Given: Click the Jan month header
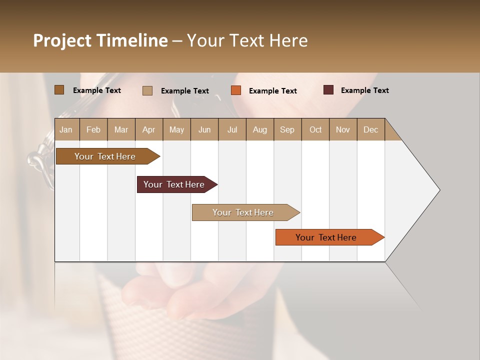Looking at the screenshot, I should pyautogui.click(x=66, y=129).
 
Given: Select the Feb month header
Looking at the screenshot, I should pyautogui.click(x=93, y=129).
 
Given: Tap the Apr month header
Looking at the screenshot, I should pyautogui.click(x=148, y=129).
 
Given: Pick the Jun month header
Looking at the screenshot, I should pyautogui.click(x=204, y=129).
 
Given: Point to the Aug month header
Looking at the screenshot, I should pyautogui.click(x=259, y=129).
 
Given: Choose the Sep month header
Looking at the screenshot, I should pyautogui.click(x=287, y=129).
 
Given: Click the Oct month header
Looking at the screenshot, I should pyautogui.click(x=315, y=129).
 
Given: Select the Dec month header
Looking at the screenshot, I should pyautogui.click(x=370, y=129).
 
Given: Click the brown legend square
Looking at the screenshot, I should pyautogui.click(x=59, y=90).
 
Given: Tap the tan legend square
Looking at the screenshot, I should pyautogui.click(x=147, y=90).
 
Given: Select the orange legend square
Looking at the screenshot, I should pyautogui.click(x=236, y=90).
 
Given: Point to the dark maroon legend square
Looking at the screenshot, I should pyautogui.click(x=328, y=90).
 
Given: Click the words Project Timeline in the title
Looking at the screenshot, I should pyautogui.click(x=100, y=40).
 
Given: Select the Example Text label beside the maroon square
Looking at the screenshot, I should pyautogui.click(x=364, y=90).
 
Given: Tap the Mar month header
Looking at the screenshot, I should pyautogui.click(x=121, y=129).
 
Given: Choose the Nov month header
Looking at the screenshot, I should pyautogui.click(x=343, y=129).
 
